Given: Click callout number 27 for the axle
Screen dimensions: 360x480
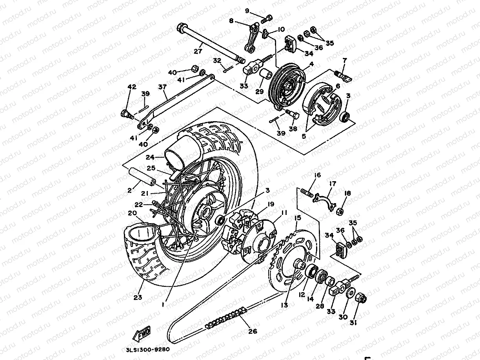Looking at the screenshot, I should click(198, 51).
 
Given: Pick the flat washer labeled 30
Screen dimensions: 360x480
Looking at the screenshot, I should click(350, 293).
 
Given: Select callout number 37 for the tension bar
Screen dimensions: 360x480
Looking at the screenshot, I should click(162, 87).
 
